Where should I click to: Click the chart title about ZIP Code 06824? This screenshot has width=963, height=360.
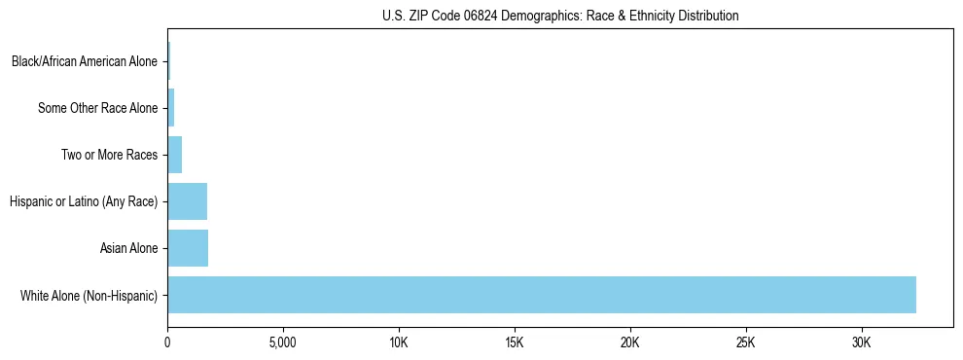[559, 16]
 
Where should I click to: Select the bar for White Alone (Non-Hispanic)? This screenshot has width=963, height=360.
[541, 295]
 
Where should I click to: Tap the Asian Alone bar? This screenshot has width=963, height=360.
[188, 248]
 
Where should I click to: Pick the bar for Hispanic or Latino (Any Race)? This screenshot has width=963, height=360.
[187, 201]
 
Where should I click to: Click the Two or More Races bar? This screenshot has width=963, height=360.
[175, 155]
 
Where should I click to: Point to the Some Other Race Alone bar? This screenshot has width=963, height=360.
[171, 108]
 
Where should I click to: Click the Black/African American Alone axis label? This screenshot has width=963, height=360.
[84, 61]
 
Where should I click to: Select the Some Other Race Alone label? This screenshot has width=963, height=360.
[97, 108]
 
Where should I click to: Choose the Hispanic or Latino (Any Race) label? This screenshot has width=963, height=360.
[83, 201]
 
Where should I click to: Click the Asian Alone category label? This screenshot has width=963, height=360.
[128, 248]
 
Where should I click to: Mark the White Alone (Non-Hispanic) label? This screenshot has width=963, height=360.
[89, 295]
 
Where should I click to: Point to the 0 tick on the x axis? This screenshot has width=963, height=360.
[167, 343]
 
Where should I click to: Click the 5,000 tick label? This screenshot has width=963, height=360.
[283, 343]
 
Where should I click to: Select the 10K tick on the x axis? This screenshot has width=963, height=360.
[399, 343]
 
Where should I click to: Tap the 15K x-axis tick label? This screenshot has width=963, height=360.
[515, 343]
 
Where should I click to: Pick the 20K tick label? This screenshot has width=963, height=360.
[630, 343]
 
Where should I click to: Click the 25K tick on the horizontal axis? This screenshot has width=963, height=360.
[746, 343]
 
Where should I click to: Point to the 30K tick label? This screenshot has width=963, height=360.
[862, 343]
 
